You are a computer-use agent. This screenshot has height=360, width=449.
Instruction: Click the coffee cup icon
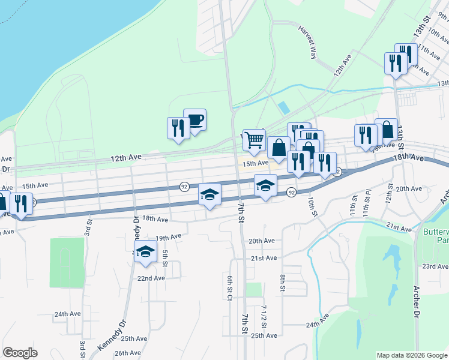click(194, 120)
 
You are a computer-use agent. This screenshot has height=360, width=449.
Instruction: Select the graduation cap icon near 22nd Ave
click(145, 252)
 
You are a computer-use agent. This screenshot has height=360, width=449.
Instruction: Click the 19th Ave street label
click(168, 237)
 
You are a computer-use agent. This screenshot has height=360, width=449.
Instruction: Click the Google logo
click(20, 353)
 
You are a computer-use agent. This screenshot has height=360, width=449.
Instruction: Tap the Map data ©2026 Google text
click(411, 355)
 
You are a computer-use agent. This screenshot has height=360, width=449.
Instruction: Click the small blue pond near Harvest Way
click(283, 109)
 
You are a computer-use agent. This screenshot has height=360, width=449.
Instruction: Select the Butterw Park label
click(436, 236)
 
